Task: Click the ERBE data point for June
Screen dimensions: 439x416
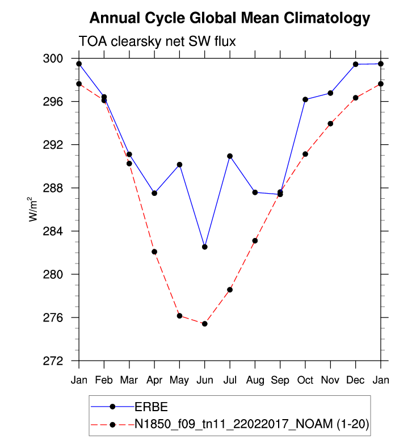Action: pyautogui.click(x=204, y=247)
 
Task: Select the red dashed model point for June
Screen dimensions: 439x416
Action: pyautogui.click(x=204, y=324)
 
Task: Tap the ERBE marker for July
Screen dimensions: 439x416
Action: pyautogui.click(x=230, y=156)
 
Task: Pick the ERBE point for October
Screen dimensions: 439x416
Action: pyautogui.click(x=305, y=99)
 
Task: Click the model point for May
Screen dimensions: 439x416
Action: pyautogui.click(x=179, y=316)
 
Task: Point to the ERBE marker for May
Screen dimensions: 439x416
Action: pyautogui.click(x=179, y=165)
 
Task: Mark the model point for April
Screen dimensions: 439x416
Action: pyautogui.click(x=154, y=252)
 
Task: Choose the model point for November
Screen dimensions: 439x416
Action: pyautogui.click(x=330, y=123)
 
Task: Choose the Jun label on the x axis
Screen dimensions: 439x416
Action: pyautogui.click(x=204, y=379)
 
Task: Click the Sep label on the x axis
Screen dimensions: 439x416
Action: pyautogui.click(x=280, y=379)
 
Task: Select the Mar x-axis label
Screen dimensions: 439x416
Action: pyautogui.click(x=129, y=379)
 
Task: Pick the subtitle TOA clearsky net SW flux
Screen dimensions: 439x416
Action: pyautogui.click(x=157, y=41)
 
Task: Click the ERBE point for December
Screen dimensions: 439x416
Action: pyautogui.click(x=356, y=64)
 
